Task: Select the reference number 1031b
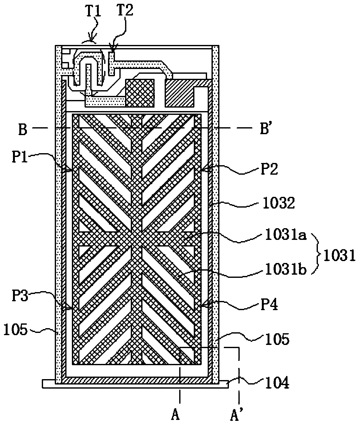pyautogui.click(x=284, y=271)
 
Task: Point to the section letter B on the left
pyautogui.click(x=22, y=130)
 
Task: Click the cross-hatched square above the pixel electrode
pyautogui.click(x=140, y=92)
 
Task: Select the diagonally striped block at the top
pyautogui.click(x=179, y=93)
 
